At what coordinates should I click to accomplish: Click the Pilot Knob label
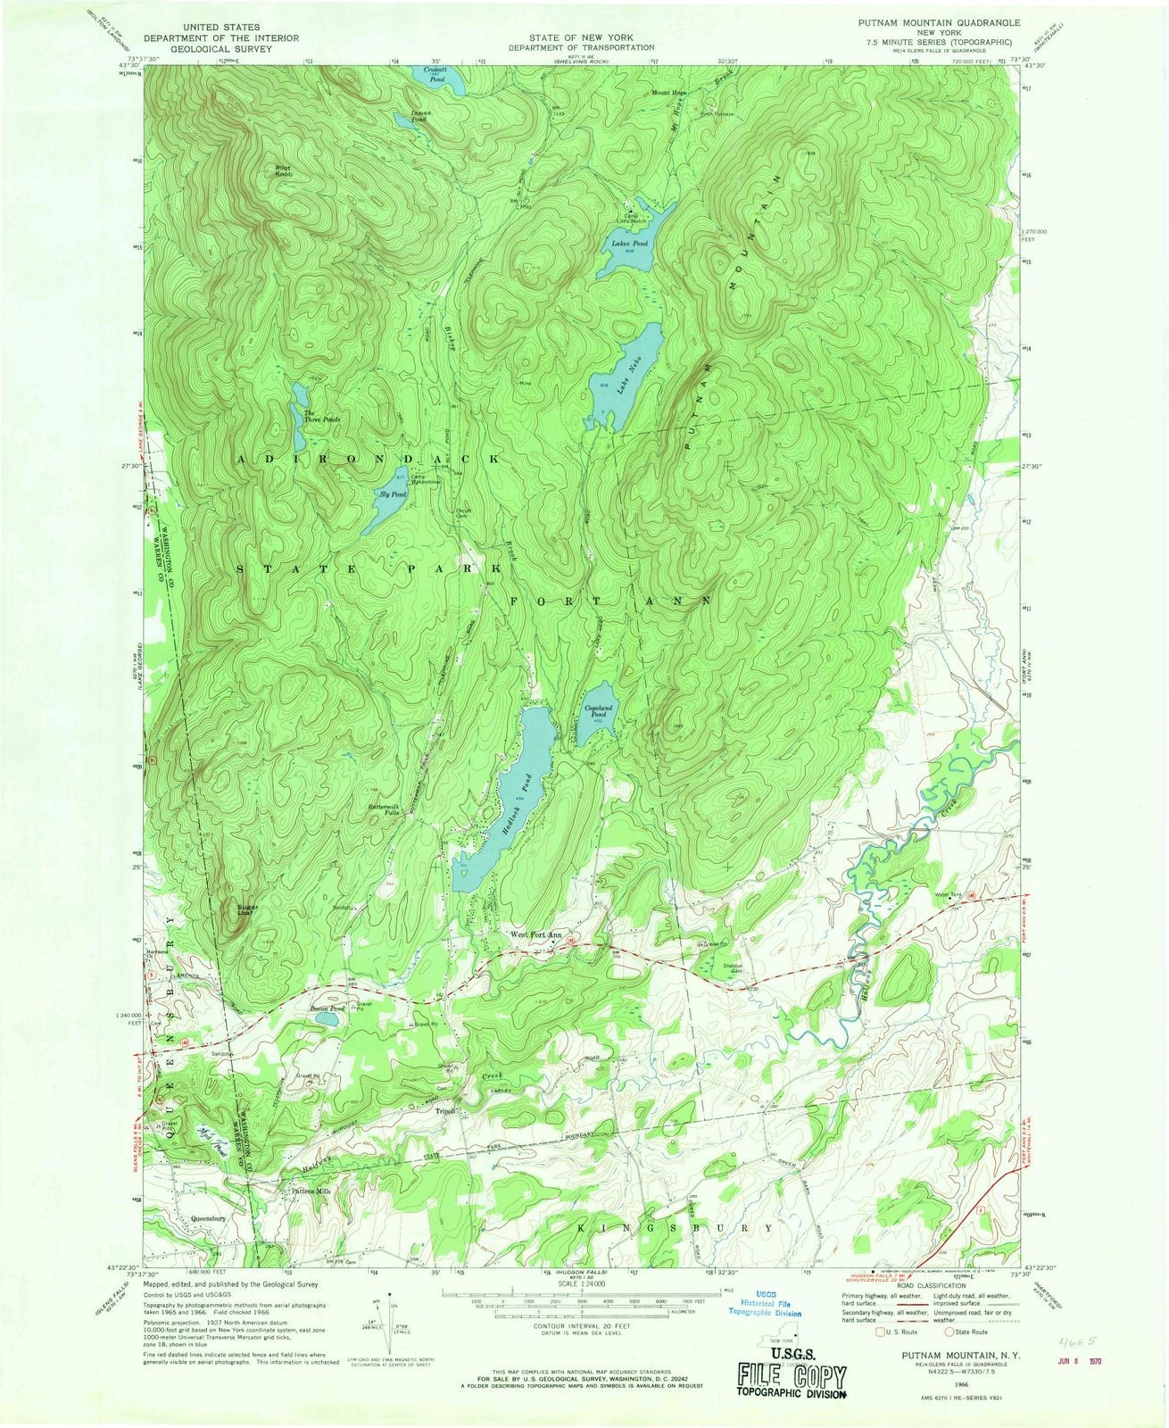pos(283,169)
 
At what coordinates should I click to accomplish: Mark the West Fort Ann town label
pos(535,935)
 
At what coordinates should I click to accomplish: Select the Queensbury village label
pos(212,1217)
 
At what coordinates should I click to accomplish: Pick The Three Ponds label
pos(321,416)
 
